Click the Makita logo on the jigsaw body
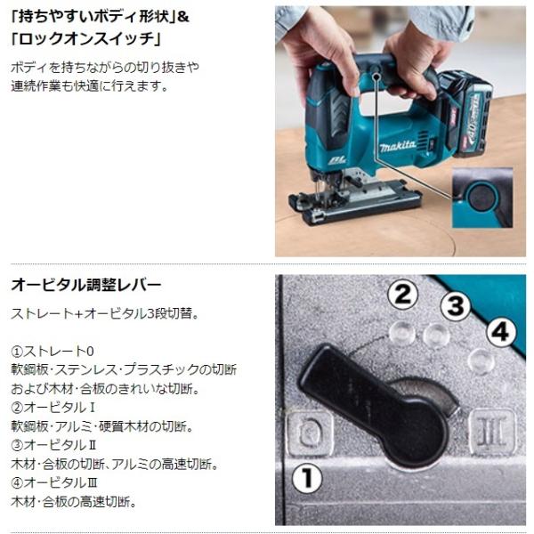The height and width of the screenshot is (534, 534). (x=398, y=146)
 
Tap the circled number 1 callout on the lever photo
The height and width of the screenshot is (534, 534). (x=307, y=478)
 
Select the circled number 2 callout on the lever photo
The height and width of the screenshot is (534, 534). (x=403, y=295)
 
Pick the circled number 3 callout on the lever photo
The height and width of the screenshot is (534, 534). (x=456, y=305)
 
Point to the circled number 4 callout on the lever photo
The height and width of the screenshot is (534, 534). (x=500, y=332)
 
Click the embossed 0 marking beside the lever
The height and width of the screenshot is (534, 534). (x=310, y=433)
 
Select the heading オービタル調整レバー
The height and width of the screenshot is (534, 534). (x=85, y=285)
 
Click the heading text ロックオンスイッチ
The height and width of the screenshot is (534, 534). (x=85, y=39)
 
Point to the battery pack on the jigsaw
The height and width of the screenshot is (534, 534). (x=466, y=114)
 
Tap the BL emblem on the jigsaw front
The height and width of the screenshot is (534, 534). (x=337, y=160)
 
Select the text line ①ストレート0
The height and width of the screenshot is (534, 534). (x=53, y=352)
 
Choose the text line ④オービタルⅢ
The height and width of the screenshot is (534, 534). (x=54, y=482)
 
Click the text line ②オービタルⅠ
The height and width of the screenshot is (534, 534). (x=53, y=408)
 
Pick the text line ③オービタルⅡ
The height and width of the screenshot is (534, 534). (x=53, y=445)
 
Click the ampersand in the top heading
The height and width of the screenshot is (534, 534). (x=182, y=17)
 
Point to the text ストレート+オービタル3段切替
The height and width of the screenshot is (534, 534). (x=104, y=313)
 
